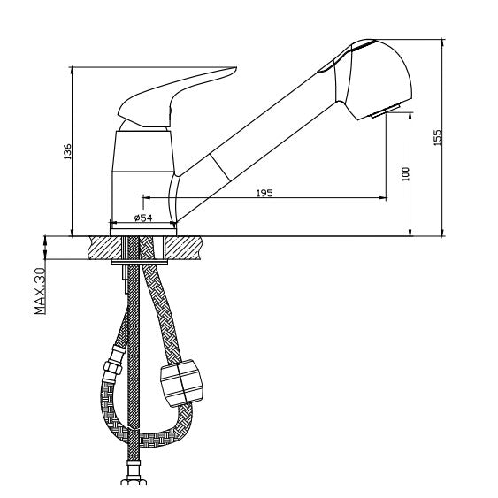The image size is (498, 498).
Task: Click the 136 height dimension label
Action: pyautogui.click(x=67, y=152)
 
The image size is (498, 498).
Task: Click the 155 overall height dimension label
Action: pyautogui.click(x=437, y=137)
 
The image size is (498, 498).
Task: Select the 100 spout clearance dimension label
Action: pyautogui.click(x=406, y=174)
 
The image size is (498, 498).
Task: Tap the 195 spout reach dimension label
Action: pyautogui.click(x=264, y=193)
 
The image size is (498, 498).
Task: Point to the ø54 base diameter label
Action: pyautogui.click(x=143, y=218)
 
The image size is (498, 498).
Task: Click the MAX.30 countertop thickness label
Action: pyautogui.click(x=41, y=291)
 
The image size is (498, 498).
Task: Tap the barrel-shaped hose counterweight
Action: pyautogui.click(x=181, y=383)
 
